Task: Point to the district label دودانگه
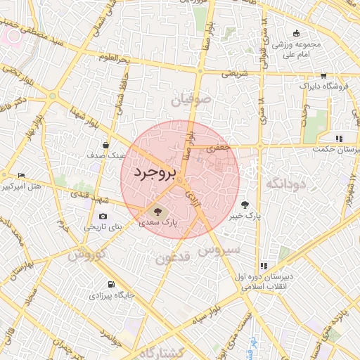tap(286, 184)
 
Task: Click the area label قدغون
tap(172, 259)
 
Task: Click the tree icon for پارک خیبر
tap(245, 205)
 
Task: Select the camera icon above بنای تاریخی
tap(103, 216)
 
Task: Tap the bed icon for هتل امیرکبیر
tap(21, 175)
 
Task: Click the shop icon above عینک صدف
tap(105, 145)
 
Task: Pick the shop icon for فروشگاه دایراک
tap(323, 75)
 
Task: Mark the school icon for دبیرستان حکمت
tap(339, 139)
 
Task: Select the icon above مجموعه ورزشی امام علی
tap(296, 33)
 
